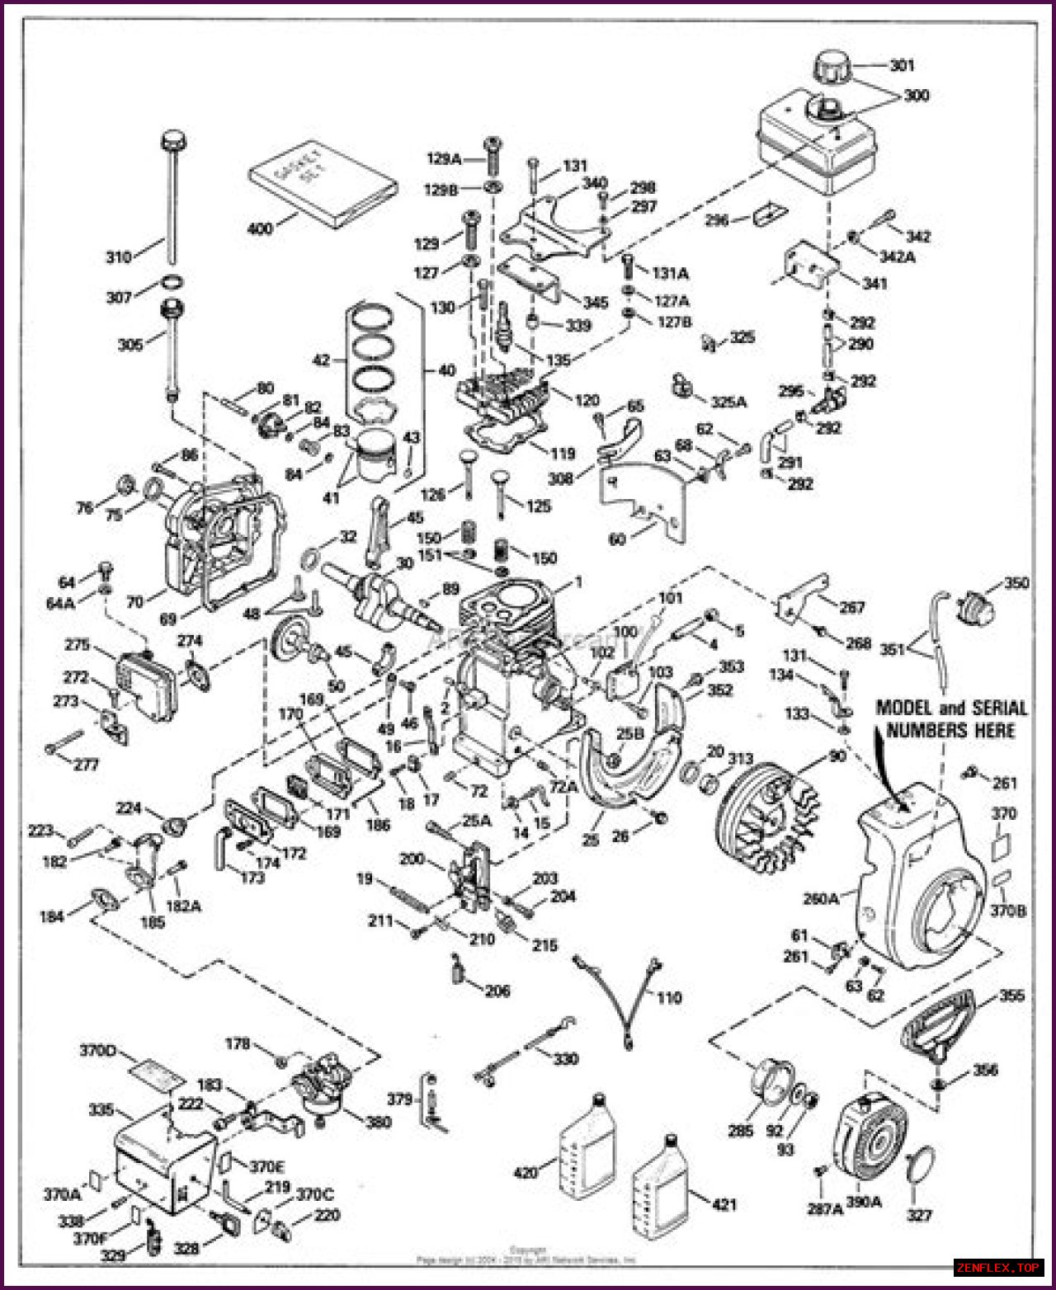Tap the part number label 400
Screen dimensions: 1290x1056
coord(260,228)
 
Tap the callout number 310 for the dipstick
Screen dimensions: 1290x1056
coord(118,257)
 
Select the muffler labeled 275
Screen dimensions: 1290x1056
coord(144,680)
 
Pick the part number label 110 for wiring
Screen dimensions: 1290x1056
coord(669,998)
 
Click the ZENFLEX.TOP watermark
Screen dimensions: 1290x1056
coord(998,1267)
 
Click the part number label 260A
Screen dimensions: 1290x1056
coord(821,898)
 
